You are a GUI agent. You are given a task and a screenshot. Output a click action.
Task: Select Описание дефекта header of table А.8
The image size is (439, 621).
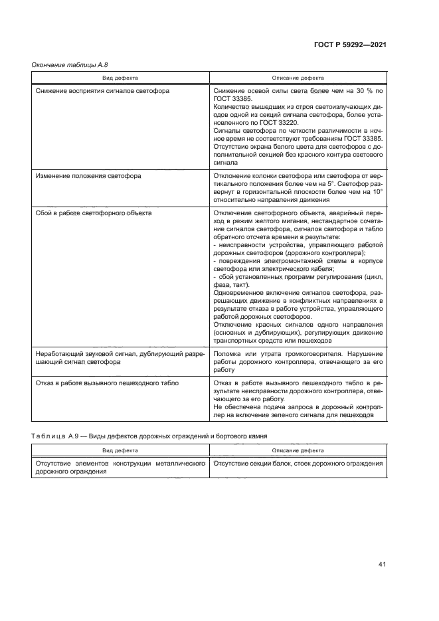[x=298, y=78]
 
